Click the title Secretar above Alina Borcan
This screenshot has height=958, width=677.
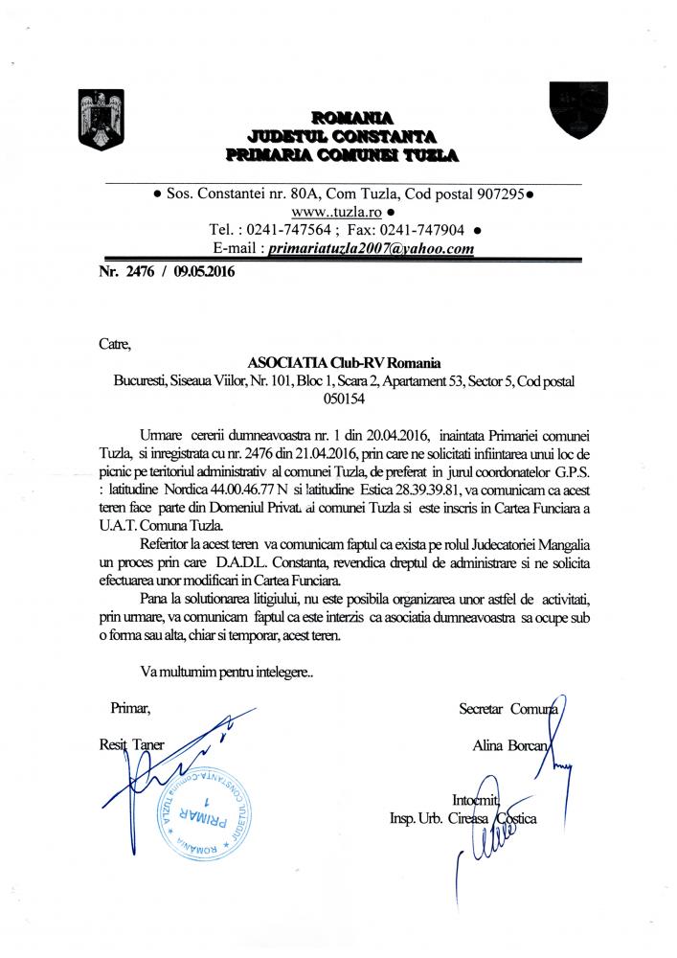click(x=484, y=709)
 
